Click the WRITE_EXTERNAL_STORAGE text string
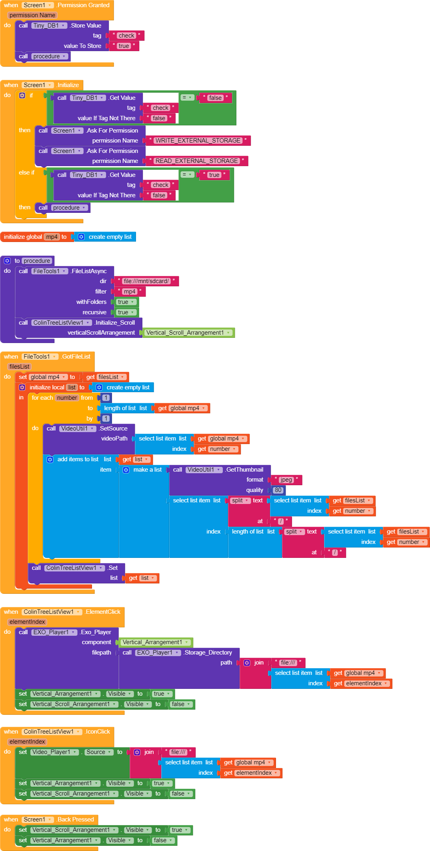point(198,141)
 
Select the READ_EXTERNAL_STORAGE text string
point(196,161)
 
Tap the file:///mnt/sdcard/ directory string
point(146,281)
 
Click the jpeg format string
point(286,480)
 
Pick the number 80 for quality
point(278,490)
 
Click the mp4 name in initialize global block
point(52,237)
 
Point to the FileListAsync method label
point(89,271)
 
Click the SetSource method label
point(114,428)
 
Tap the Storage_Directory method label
point(208,653)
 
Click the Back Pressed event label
point(76,819)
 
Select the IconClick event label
point(98,732)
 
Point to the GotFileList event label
point(76,357)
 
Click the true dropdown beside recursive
point(126,312)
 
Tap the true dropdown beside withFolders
point(126,302)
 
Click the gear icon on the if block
point(22,95)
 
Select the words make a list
point(147,470)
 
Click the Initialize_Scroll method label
point(115,323)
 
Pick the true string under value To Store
point(124,46)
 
